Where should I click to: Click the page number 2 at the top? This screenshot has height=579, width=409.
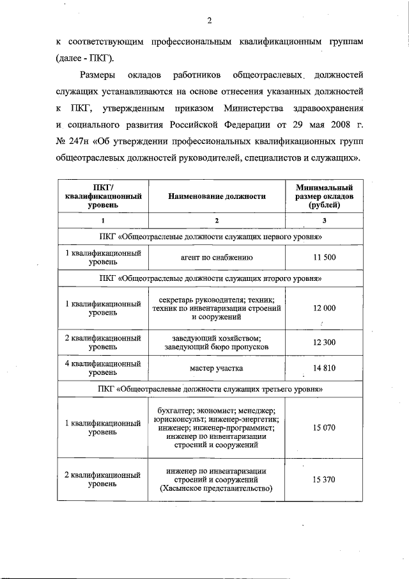[209, 20]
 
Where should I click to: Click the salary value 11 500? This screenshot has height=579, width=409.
[324, 258]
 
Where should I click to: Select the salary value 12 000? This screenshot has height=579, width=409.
[324, 308]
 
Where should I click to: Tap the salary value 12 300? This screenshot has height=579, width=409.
[324, 342]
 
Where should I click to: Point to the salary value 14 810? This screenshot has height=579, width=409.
[324, 368]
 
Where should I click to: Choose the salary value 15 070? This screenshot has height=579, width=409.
[324, 427]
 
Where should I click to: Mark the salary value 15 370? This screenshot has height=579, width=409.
[324, 480]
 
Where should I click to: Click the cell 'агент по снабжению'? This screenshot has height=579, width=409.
[217, 258]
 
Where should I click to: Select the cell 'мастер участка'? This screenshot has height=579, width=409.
[217, 368]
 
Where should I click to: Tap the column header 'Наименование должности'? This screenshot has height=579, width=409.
[217, 196]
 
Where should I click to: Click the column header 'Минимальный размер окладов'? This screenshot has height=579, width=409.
[324, 196]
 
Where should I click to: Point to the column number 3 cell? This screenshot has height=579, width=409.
[324, 221]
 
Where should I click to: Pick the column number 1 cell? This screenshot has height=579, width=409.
[103, 221]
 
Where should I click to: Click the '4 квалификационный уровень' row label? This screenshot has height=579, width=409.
[103, 368]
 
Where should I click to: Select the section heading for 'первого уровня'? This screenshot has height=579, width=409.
[210, 237]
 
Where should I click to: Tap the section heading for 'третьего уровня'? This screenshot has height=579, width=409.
[210, 388]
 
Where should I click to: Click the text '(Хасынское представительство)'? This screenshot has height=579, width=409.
[217, 489]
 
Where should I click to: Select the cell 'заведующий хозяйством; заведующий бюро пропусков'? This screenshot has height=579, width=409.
[217, 342]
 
